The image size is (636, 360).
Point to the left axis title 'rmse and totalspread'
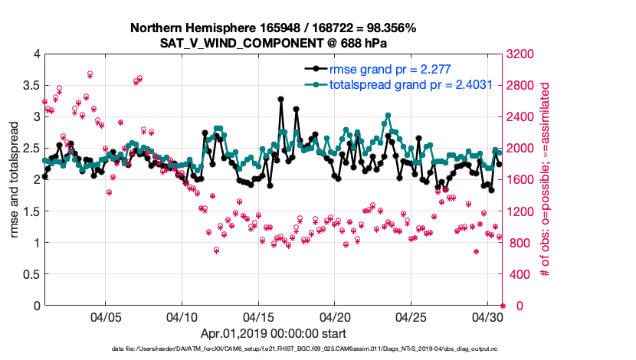(x=13, y=181)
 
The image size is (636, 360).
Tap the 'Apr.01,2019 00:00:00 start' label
(x=273, y=333)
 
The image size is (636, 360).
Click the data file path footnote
(x=318, y=349)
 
